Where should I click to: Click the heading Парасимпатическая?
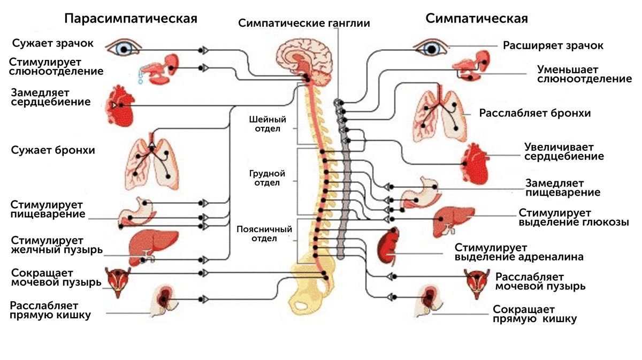(131, 18)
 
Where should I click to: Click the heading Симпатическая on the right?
(476, 18)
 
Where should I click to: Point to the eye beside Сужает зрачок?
(124, 48)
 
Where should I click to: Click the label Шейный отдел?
(267, 124)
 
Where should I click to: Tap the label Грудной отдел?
(267, 178)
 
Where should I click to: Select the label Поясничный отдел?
(264, 234)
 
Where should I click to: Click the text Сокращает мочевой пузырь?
(56, 277)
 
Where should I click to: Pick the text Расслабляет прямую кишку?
(51, 310)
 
